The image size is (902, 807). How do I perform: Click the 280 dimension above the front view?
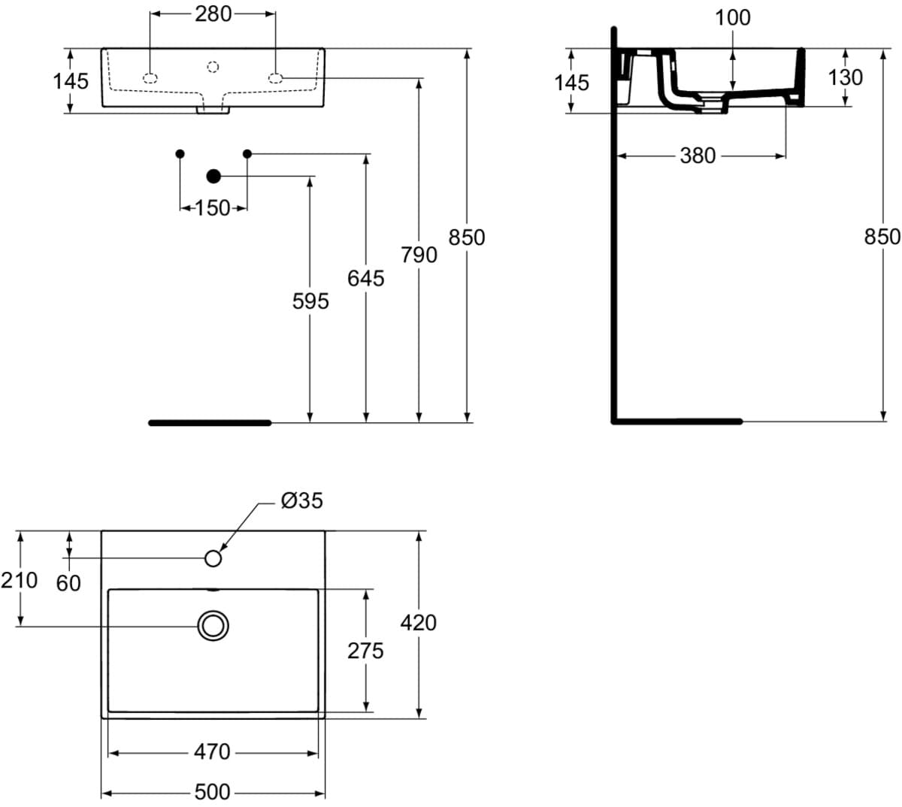[x=213, y=14]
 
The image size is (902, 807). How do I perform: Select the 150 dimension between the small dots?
[x=213, y=208]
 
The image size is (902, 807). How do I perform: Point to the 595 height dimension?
[x=310, y=301]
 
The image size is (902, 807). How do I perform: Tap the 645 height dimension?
[x=365, y=278]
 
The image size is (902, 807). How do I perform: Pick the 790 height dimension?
[x=419, y=255]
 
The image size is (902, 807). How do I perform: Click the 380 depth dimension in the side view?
[x=698, y=156]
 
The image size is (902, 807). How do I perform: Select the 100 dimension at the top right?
[x=732, y=17]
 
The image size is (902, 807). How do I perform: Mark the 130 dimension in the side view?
[x=845, y=77]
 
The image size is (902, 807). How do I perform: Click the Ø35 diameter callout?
[x=301, y=500]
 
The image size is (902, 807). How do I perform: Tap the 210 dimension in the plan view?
[x=20, y=580]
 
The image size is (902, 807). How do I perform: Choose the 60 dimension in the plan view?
[x=68, y=582]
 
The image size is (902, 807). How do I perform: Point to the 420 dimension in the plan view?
[x=419, y=622]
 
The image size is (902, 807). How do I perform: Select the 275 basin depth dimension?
[x=365, y=650]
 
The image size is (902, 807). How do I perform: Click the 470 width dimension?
[x=213, y=751]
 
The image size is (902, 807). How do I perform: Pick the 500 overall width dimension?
[x=213, y=792]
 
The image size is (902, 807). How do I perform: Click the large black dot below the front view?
[x=213, y=177]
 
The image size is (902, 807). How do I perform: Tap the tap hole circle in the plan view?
[x=213, y=558]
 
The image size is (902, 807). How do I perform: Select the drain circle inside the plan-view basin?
[x=213, y=625]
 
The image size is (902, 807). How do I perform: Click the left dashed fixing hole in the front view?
[x=150, y=77]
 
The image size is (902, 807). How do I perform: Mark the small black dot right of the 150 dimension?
[x=247, y=154]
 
